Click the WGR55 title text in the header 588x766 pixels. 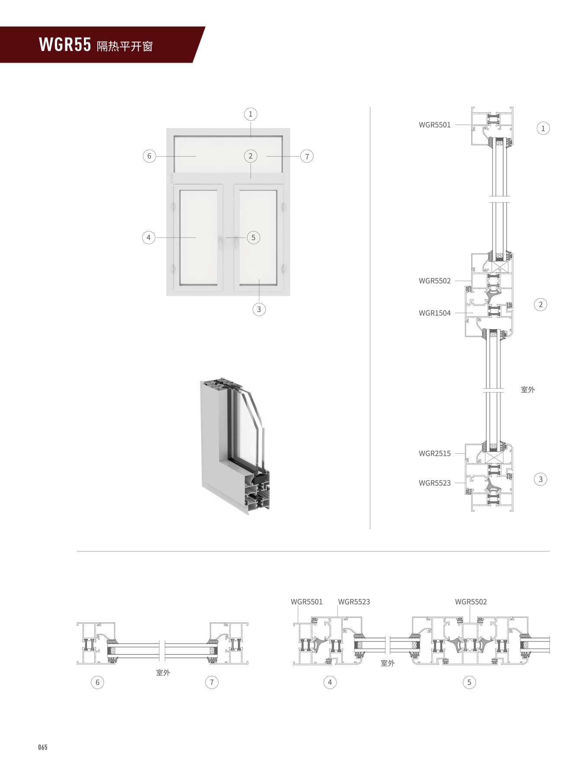click(65, 45)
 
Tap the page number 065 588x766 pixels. click(42, 747)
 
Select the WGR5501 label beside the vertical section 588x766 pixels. click(434, 125)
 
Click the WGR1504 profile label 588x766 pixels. click(434, 313)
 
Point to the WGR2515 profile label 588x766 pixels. click(434, 454)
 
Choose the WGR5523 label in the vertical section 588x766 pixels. click(434, 483)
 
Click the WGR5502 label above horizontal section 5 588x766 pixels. click(471, 602)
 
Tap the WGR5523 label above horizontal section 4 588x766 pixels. click(354, 602)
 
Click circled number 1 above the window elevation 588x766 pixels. click(251, 114)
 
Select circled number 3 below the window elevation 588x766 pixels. click(259, 309)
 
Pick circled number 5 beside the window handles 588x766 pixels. click(254, 237)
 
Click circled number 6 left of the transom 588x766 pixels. click(149, 156)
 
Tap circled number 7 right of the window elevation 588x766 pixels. click(307, 157)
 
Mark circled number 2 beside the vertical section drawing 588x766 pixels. click(540, 304)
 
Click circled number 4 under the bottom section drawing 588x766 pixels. click(330, 683)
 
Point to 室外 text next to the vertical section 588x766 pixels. click(527, 390)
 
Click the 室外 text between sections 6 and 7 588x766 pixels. click(163, 673)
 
